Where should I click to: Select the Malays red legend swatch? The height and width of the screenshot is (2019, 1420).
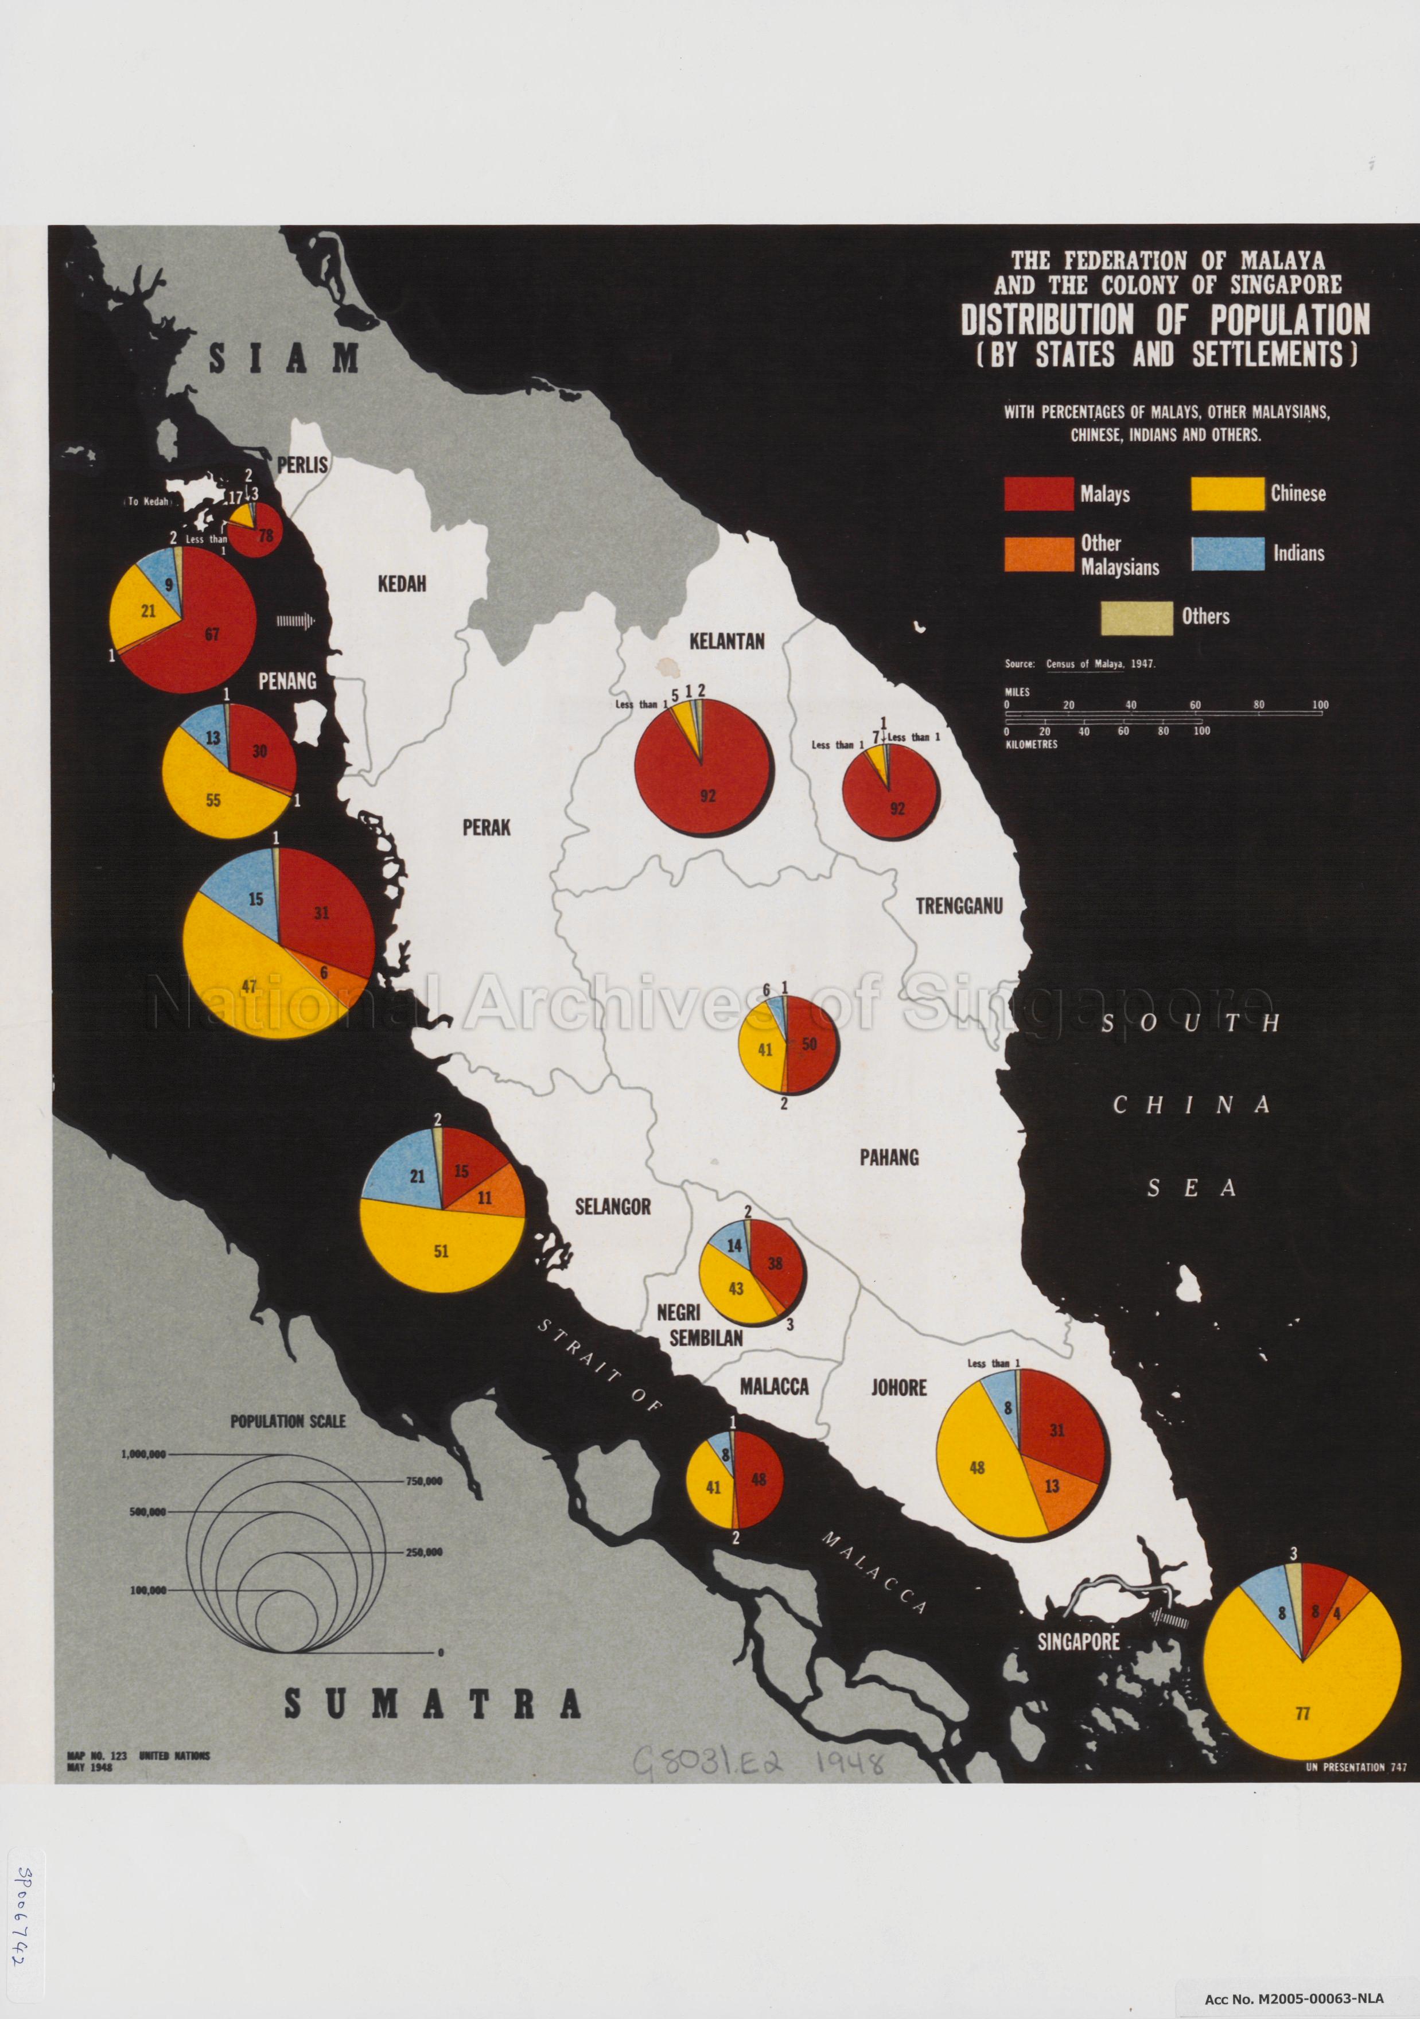tap(1038, 493)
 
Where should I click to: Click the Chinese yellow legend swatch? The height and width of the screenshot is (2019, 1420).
tap(1227, 493)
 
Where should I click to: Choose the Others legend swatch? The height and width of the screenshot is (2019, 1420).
tap(1137, 617)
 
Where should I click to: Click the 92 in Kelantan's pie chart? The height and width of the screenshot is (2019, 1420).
tap(708, 796)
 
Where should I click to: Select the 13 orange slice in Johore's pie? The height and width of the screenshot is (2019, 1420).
tap(1052, 1486)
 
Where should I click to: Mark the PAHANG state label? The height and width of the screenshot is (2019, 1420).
tap(889, 1157)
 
